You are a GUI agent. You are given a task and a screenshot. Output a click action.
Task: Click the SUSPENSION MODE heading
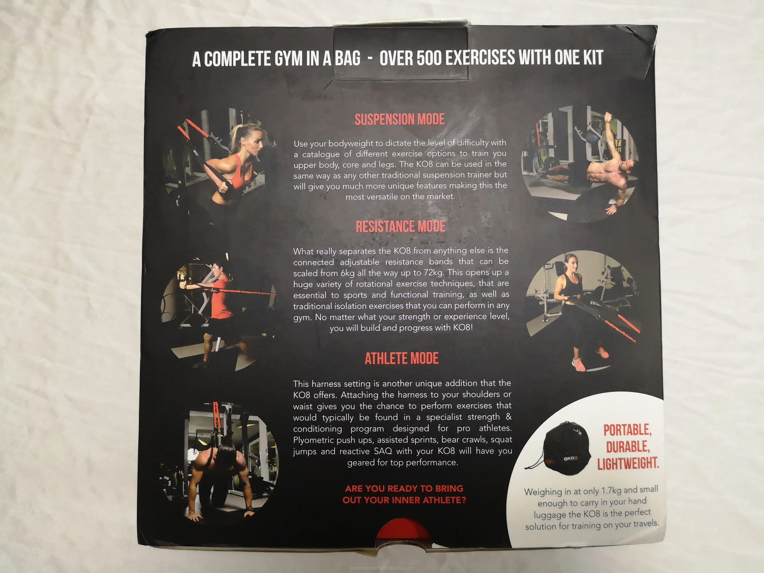399,119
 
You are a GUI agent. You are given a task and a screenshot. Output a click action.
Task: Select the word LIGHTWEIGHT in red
628,463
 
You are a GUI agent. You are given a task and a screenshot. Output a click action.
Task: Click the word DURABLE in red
628,447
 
